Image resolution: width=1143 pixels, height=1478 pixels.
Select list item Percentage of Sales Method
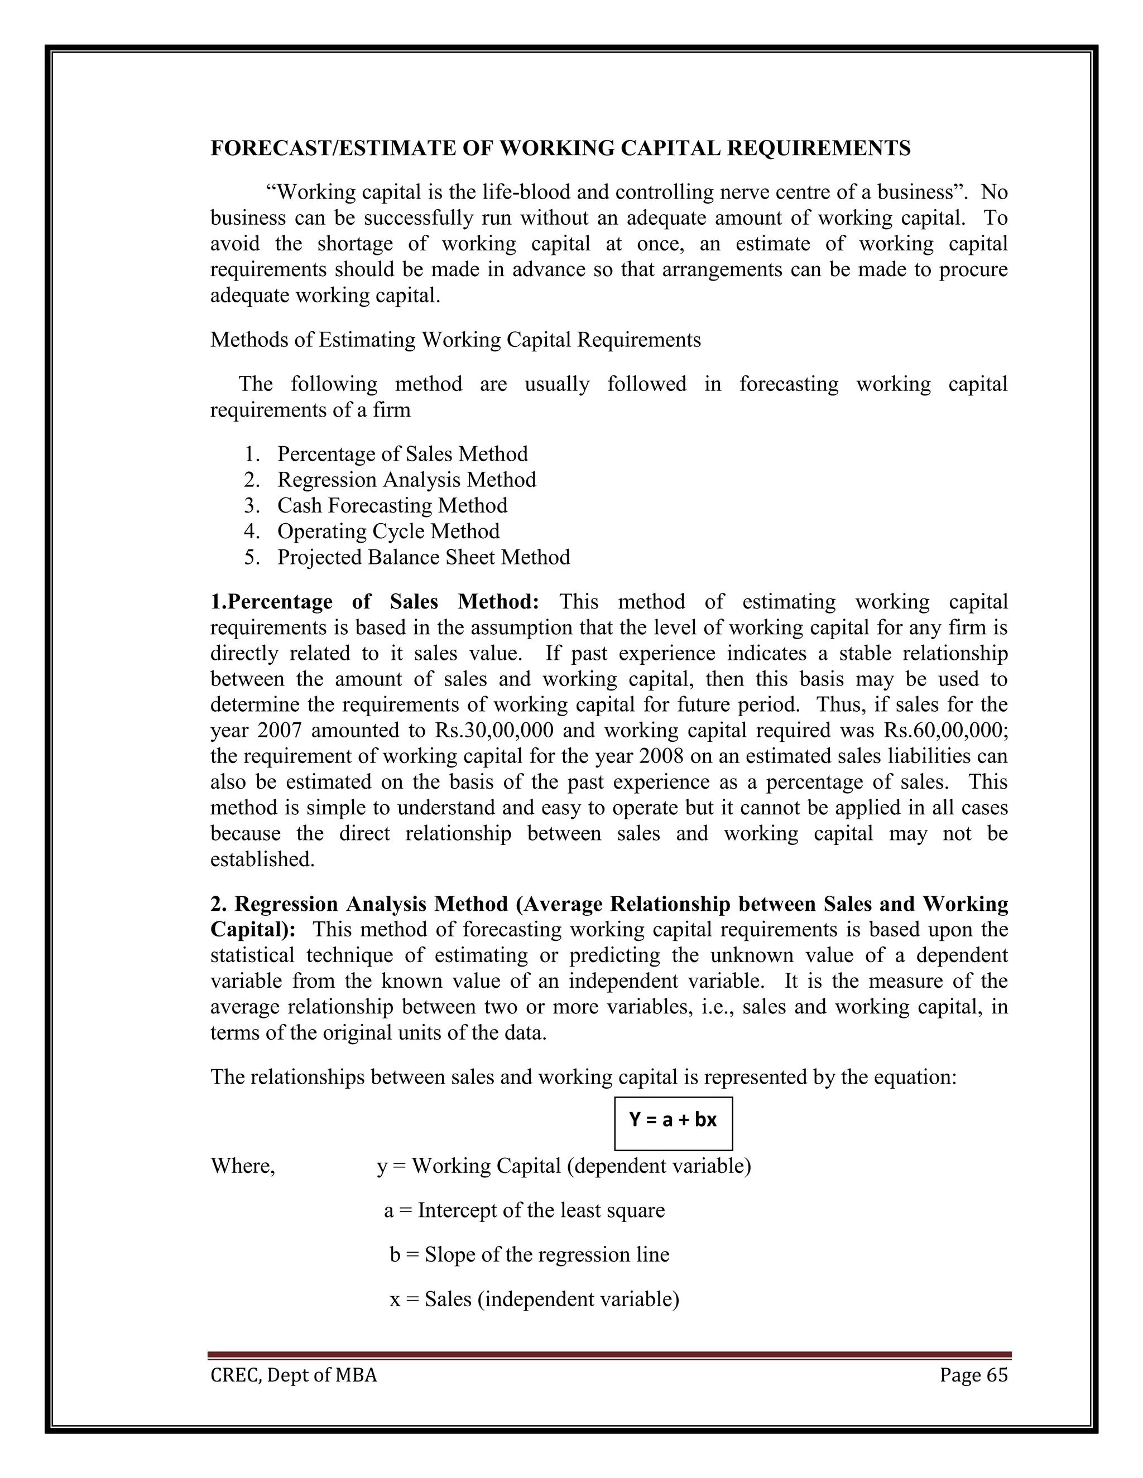(x=402, y=453)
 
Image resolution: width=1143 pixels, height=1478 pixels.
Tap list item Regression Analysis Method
(x=406, y=479)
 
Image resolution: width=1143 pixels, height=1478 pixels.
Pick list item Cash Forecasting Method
(x=392, y=505)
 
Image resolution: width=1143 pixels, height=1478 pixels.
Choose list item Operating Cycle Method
(x=388, y=530)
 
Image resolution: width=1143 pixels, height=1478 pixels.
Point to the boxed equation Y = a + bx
(x=673, y=1119)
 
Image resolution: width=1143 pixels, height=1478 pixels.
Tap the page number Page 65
(x=973, y=1375)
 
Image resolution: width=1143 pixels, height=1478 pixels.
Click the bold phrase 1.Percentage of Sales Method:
(x=374, y=602)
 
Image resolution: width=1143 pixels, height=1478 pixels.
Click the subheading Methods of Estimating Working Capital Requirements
(x=455, y=339)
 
